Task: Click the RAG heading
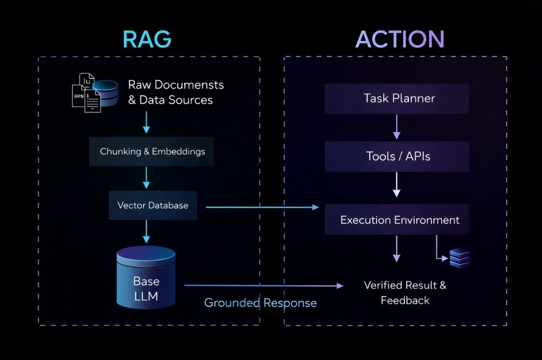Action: point(147,39)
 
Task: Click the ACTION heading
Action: point(400,39)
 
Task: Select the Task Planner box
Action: point(397,98)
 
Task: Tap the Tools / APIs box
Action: point(397,156)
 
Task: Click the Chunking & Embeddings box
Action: point(152,151)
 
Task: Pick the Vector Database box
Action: point(153,205)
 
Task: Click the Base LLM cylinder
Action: point(146,279)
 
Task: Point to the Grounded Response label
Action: point(260,303)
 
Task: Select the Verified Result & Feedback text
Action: point(405,292)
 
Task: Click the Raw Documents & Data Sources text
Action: point(175,92)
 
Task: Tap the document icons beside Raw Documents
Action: point(87,93)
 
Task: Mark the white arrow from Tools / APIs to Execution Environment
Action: point(397,185)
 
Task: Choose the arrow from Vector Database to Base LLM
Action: point(148,231)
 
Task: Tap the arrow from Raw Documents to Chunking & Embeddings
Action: point(148,122)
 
